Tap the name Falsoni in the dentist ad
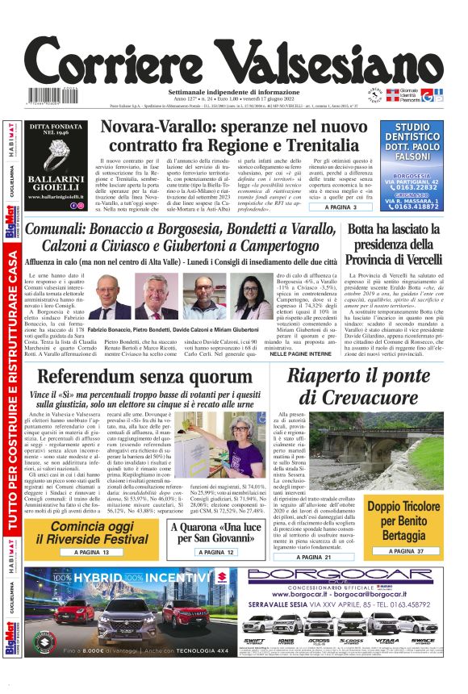tap(413, 157)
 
